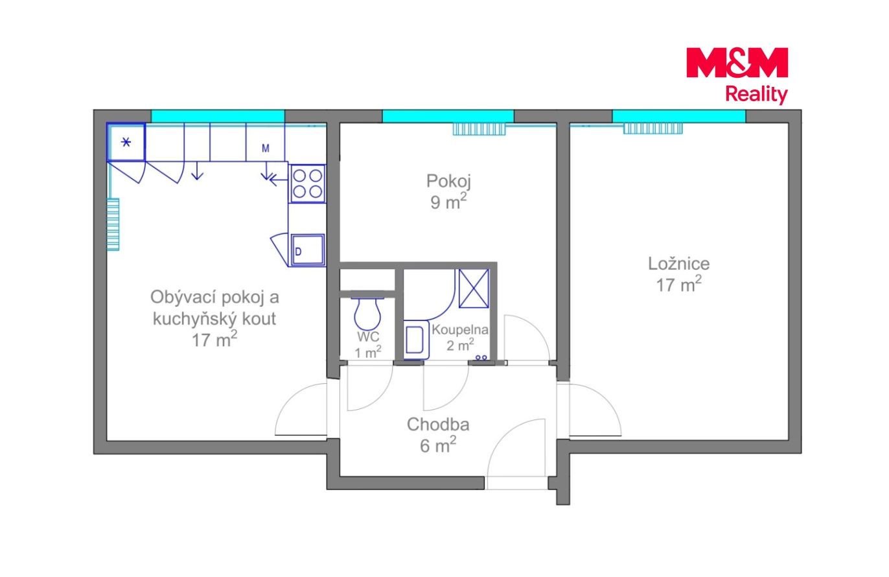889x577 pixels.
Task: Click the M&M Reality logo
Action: click(737, 76)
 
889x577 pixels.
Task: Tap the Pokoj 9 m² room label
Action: click(448, 191)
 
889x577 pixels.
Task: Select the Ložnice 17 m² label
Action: click(678, 274)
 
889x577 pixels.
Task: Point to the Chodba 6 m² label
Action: click(438, 435)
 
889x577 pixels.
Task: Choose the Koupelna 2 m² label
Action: click(460, 338)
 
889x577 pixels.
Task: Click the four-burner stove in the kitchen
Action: click(307, 184)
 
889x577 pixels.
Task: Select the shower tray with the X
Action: click(474, 288)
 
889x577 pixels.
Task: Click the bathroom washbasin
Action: click(416, 340)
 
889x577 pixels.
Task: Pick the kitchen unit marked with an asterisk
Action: click(126, 142)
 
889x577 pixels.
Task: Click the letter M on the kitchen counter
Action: click(266, 148)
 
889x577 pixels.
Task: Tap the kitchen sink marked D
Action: click(308, 250)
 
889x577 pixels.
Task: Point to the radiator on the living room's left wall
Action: click(113, 224)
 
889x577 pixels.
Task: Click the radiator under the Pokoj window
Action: click(479, 129)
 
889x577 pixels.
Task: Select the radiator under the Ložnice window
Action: click(653, 128)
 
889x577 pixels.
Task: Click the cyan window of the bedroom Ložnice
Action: click(678, 116)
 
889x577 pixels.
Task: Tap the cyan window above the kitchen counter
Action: click(218, 116)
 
